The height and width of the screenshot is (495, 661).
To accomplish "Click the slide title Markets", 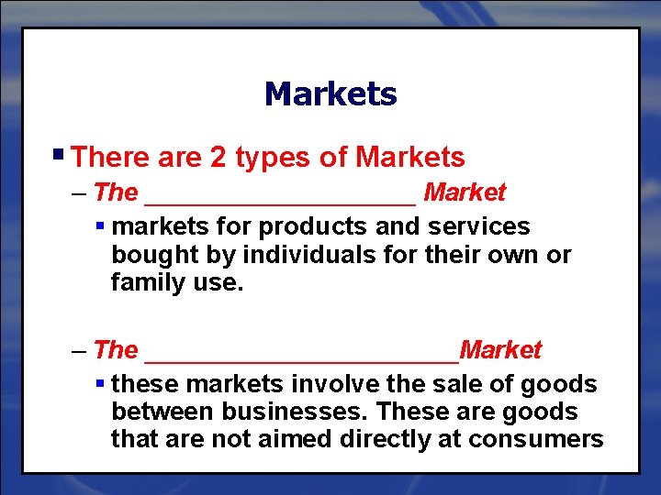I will click(330, 93).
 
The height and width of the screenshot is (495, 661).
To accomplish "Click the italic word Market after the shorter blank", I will click(465, 192).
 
